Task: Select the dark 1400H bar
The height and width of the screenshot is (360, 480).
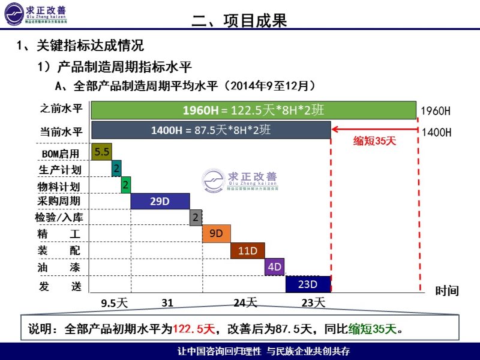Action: tap(211, 130)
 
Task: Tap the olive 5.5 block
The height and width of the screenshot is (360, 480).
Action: tap(101, 152)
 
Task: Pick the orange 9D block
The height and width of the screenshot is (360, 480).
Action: tap(216, 233)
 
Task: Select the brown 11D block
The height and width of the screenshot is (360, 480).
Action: tap(247, 250)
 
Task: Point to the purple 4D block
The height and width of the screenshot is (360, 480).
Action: tap(274, 267)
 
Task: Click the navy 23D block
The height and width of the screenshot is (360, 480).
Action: tap(308, 284)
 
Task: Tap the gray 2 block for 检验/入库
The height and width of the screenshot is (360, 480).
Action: tap(196, 217)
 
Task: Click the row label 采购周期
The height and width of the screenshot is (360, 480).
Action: tap(58, 201)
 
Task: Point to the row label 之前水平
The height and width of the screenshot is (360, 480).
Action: tap(61, 109)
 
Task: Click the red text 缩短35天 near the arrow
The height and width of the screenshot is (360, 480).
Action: tap(375, 141)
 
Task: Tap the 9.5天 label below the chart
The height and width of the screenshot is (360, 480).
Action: tap(115, 303)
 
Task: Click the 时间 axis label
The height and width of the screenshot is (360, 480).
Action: tap(447, 291)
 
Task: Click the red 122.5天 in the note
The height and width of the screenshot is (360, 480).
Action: tap(194, 329)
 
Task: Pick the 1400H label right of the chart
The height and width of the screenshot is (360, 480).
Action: tap(436, 132)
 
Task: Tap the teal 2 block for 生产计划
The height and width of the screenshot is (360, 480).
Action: tap(116, 169)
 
